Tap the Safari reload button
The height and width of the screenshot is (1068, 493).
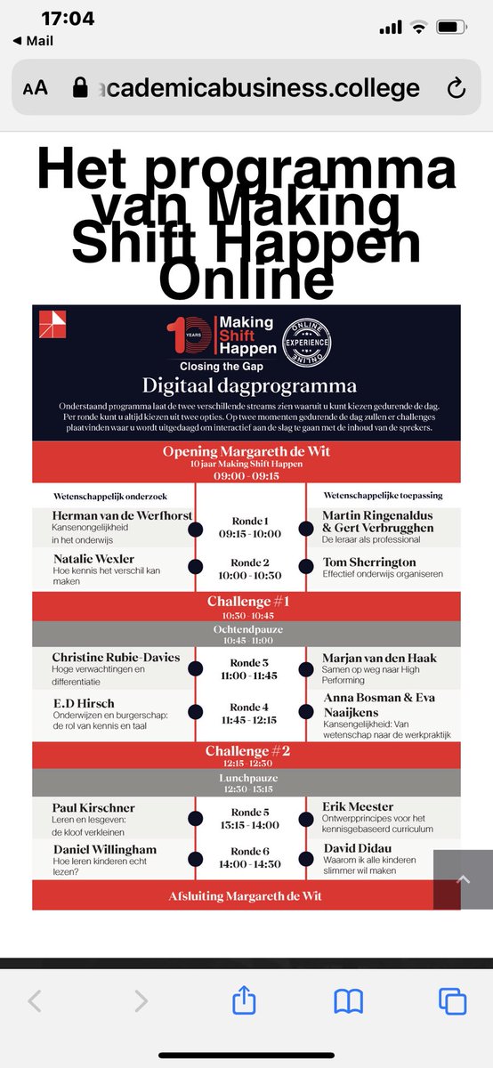(456, 88)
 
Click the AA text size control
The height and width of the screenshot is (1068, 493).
(36, 88)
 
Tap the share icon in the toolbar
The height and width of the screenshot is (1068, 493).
(244, 1001)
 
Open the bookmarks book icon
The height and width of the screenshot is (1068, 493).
(348, 1001)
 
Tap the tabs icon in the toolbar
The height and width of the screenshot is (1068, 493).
(453, 1001)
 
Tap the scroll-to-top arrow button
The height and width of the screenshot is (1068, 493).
(463, 879)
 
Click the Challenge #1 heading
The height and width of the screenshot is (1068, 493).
(246, 602)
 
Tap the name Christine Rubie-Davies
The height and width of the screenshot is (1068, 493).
(116, 658)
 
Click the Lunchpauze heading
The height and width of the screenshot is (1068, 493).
(246, 776)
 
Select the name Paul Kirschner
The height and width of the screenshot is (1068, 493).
(93, 807)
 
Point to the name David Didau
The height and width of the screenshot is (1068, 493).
(360, 848)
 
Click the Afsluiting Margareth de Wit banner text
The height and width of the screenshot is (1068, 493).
(246, 895)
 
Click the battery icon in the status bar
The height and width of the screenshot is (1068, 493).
(453, 28)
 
